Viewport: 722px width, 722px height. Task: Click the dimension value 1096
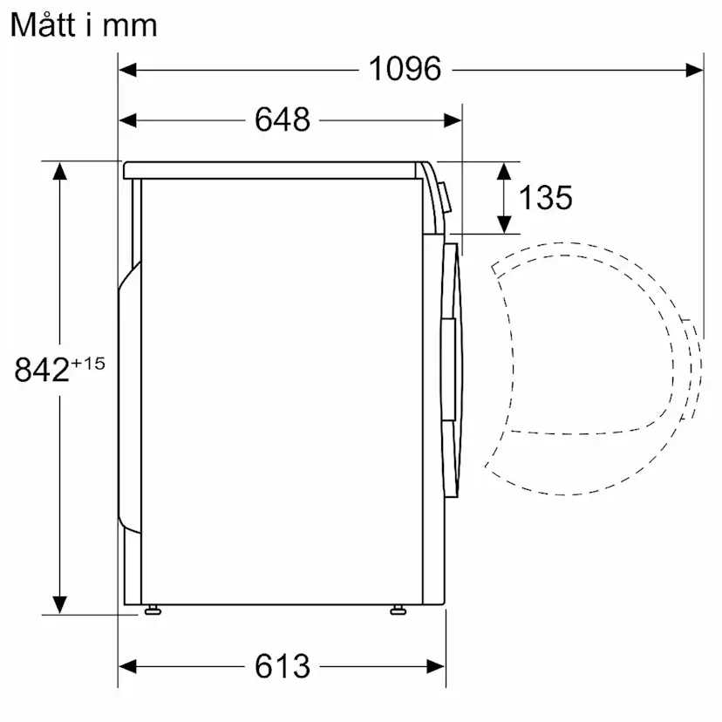pyautogui.click(x=405, y=69)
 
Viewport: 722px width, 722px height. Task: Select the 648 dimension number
pyautogui.click(x=283, y=119)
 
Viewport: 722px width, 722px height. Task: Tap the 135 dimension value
pyautogui.click(x=546, y=198)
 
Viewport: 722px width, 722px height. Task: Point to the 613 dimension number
pyautogui.click(x=283, y=666)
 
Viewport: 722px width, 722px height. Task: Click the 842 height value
pyautogui.click(x=42, y=370)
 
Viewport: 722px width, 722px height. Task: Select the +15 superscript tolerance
pyautogui.click(x=88, y=364)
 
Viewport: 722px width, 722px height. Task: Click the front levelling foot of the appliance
pyautogui.click(x=398, y=610)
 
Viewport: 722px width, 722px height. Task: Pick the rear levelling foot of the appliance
pyautogui.click(x=153, y=610)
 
